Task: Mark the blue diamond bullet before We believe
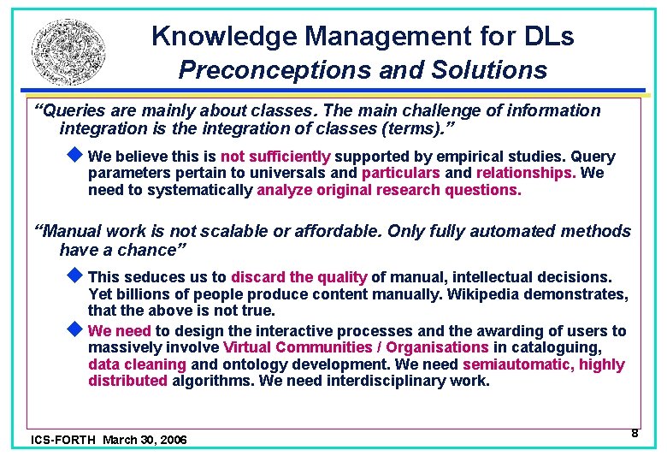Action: click(x=74, y=156)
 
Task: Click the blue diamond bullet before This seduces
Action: click(x=74, y=276)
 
